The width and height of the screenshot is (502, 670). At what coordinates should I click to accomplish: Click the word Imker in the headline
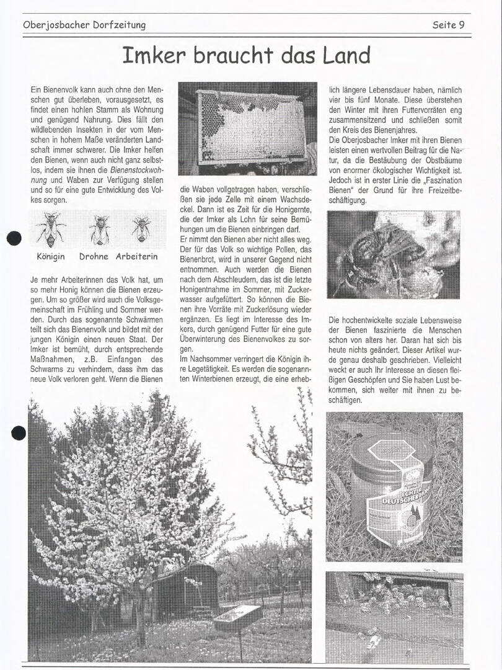tap(154, 55)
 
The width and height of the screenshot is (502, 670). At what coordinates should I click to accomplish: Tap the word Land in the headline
tap(346, 55)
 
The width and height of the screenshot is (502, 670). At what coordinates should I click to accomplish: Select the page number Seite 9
tap(448, 25)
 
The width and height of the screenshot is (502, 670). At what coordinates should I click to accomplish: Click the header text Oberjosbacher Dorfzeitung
tap(84, 25)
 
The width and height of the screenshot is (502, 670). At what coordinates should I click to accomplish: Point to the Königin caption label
tap(51, 256)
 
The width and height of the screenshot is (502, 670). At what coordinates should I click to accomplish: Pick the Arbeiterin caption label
tap(137, 256)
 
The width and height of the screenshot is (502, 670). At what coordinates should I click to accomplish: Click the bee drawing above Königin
tap(51, 229)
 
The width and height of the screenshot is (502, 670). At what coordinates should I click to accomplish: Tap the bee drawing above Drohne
tap(99, 230)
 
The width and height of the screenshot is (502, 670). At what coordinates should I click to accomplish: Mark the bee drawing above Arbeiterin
tap(141, 228)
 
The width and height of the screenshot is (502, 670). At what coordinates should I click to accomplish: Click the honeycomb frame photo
tap(247, 128)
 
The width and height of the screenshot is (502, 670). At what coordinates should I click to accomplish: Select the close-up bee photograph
tap(393, 254)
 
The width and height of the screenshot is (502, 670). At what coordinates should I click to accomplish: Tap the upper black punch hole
tap(14, 238)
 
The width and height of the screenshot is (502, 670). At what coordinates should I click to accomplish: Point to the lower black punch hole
tap(19, 432)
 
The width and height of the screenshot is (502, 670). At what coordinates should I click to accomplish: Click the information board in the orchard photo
tap(237, 617)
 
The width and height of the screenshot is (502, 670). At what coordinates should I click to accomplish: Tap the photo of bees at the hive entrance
tap(394, 617)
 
